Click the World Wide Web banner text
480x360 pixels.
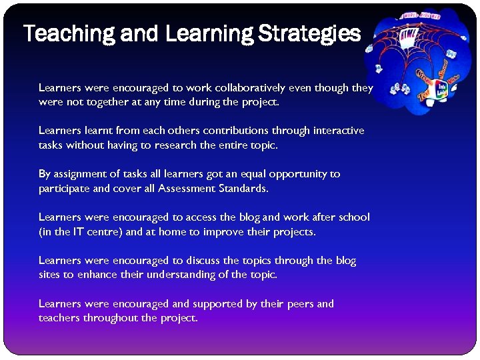tap(421, 15)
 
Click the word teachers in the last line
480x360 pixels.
tap(59, 318)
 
